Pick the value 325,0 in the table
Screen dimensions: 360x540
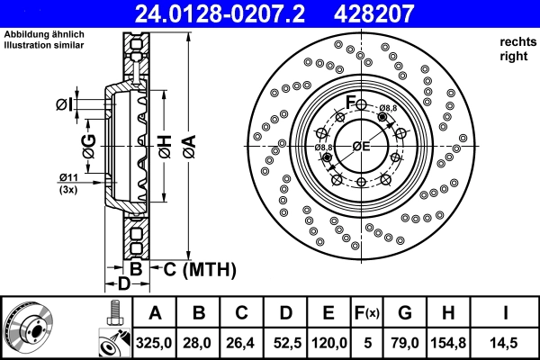tap(155, 343)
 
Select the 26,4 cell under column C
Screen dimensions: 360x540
tap(242, 343)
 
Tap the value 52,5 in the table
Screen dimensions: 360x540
tap(285, 343)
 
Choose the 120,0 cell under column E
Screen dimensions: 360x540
tap(328, 343)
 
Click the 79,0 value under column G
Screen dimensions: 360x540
tap(405, 343)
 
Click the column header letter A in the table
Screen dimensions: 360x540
tap(155, 313)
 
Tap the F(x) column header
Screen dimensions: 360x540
tap(367, 313)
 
